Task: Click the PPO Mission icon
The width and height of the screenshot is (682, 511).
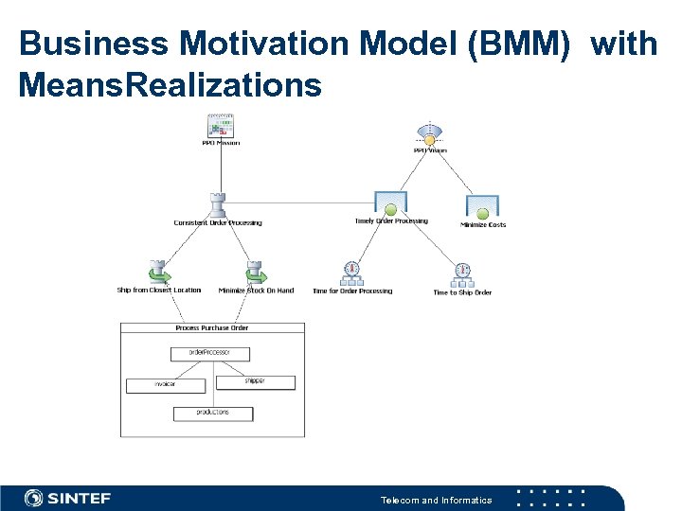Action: [x=221, y=126]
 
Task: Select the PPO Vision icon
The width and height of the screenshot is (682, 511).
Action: [x=430, y=135]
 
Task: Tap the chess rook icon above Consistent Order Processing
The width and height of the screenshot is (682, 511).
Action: [x=218, y=205]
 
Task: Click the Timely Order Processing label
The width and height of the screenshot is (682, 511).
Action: [x=391, y=221]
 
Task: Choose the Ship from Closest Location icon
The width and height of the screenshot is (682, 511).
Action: [x=158, y=272]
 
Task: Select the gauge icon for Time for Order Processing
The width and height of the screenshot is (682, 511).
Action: [x=352, y=273]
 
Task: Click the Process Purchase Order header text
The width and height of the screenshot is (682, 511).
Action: [x=212, y=328]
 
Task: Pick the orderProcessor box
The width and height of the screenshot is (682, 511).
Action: [x=210, y=353]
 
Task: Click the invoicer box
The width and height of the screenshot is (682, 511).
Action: [x=165, y=385]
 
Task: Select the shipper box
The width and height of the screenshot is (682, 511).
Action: [x=256, y=381]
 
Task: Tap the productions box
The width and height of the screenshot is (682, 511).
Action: [x=213, y=413]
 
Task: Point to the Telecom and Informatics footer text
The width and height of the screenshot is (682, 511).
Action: [x=436, y=500]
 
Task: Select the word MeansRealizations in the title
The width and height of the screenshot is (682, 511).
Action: [x=170, y=86]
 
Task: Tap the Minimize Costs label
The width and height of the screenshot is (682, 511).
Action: [x=483, y=225]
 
